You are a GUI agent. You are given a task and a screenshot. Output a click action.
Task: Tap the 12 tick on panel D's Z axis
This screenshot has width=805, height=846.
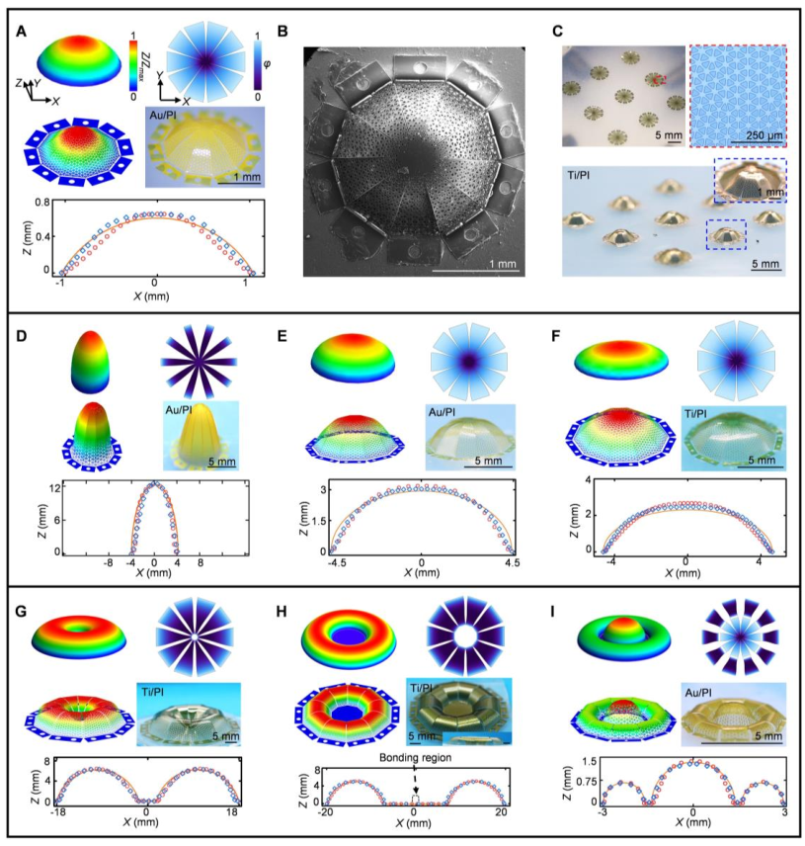point(45,487)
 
